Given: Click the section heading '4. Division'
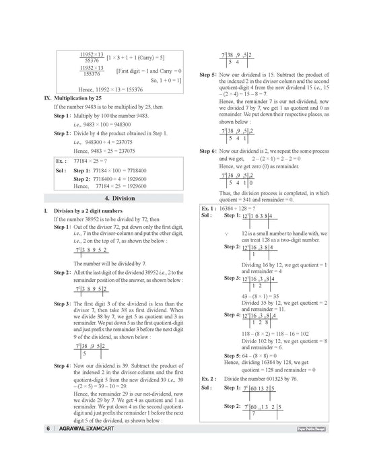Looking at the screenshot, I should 110,198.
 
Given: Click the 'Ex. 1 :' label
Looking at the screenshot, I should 211,209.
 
